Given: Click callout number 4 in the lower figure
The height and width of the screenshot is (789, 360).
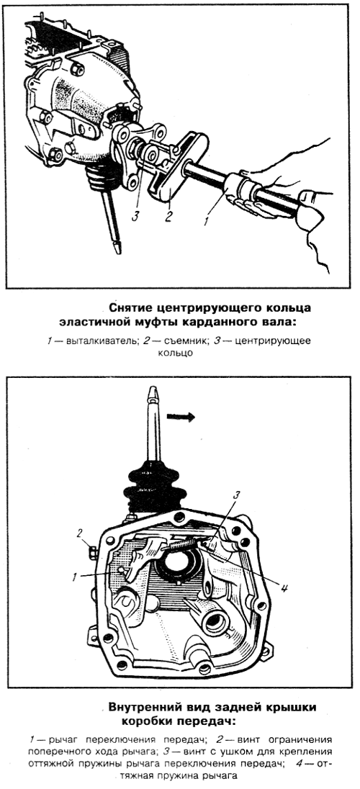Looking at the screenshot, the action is tap(284, 587).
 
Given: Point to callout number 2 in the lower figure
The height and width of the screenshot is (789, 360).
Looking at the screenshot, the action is tap(79, 533).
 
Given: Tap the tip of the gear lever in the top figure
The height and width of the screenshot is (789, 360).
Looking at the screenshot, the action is tap(118, 248).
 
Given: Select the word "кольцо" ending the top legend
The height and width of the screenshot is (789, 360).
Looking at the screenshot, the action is tap(179, 353).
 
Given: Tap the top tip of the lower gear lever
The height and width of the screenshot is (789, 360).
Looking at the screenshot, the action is tap(152, 389).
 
